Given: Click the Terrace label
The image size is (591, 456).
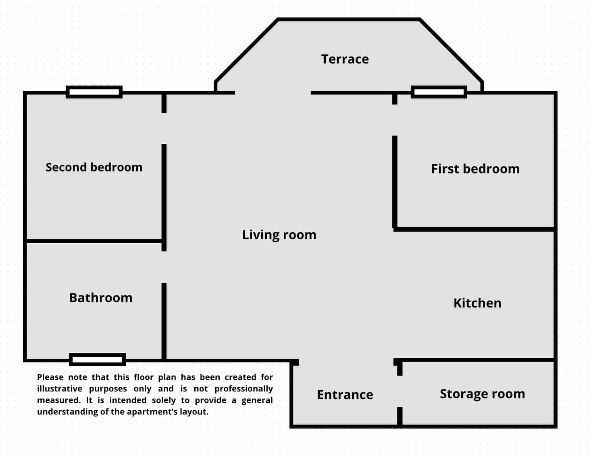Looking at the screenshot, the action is point(345,59).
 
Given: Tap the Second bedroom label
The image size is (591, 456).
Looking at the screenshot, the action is point(94,167).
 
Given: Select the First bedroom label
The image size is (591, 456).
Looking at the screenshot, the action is point(475,169).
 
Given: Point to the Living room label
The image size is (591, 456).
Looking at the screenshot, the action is point(279,235).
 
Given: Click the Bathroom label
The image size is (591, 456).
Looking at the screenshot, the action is point(101,297).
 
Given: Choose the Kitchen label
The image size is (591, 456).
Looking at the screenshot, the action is point(477,303).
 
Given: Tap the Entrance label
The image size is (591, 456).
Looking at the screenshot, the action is point(345,395).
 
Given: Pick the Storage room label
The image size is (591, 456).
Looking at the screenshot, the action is point(482,394).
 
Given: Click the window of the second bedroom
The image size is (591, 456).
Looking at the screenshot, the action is point(94,92).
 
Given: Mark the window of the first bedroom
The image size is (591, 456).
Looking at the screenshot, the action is point(439,92).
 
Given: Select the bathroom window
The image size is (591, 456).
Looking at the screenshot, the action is point(98,360).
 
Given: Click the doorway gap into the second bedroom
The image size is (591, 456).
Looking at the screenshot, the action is point(164,128).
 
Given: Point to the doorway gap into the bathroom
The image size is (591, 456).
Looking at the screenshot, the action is point(164,267).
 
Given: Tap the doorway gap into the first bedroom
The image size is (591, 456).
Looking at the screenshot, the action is point(395,120).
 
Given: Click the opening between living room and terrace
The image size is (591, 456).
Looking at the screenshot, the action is point(273,93).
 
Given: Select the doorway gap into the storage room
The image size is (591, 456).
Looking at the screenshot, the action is point(400,391).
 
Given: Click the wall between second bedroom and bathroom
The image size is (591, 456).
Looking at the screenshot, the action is point(94,241).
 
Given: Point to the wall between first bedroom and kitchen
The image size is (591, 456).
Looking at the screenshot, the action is point(474,230).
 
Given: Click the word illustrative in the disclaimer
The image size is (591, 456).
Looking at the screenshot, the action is point(60,389).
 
